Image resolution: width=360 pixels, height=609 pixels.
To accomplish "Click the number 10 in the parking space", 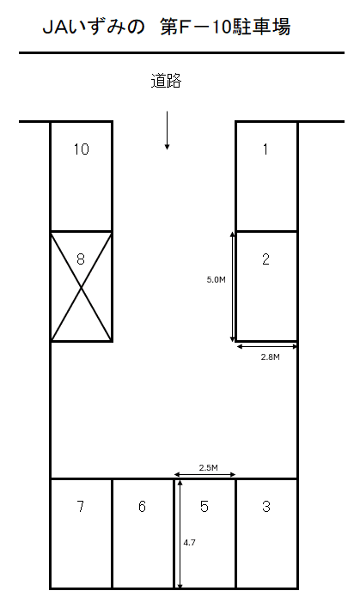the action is pyautogui.click(x=81, y=149).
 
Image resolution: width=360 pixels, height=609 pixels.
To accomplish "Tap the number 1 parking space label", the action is pyautogui.click(x=265, y=149).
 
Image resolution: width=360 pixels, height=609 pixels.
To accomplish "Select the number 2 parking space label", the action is pyautogui.click(x=265, y=259).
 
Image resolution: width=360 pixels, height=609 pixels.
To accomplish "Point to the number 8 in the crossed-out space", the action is pyautogui.click(x=81, y=259).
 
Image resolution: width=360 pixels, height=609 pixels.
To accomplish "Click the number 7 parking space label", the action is pyautogui.click(x=81, y=506).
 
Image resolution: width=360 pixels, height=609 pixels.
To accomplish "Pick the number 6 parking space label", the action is pyautogui.click(x=142, y=506).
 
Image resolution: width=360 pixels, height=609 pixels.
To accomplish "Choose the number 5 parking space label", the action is pyautogui.click(x=204, y=506).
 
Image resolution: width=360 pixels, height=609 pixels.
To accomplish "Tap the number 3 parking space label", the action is pyautogui.click(x=266, y=506).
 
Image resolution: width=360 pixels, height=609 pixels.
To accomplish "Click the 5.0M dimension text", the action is pyautogui.click(x=216, y=280).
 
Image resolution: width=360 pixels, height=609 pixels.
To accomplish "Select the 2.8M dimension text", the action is pyautogui.click(x=270, y=357).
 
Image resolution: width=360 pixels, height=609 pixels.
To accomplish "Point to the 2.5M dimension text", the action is pyautogui.click(x=209, y=467).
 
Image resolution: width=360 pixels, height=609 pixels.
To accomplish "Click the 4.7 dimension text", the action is pyautogui.click(x=189, y=543).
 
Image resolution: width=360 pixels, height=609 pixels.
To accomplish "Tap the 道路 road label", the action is pyautogui.click(x=166, y=82).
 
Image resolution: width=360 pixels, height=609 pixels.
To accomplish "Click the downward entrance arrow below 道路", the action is pyautogui.click(x=167, y=130).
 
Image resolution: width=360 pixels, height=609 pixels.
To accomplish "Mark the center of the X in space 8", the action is pyautogui.click(x=81, y=287).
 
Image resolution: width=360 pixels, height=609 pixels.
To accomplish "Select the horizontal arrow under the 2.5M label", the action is pyautogui.click(x=204, y=474).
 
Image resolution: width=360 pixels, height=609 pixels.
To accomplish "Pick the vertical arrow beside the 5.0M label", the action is pyautogui.click(x=233, y=287).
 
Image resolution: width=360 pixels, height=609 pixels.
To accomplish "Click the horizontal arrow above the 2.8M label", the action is pyautogui.click(x=267, y=346).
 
